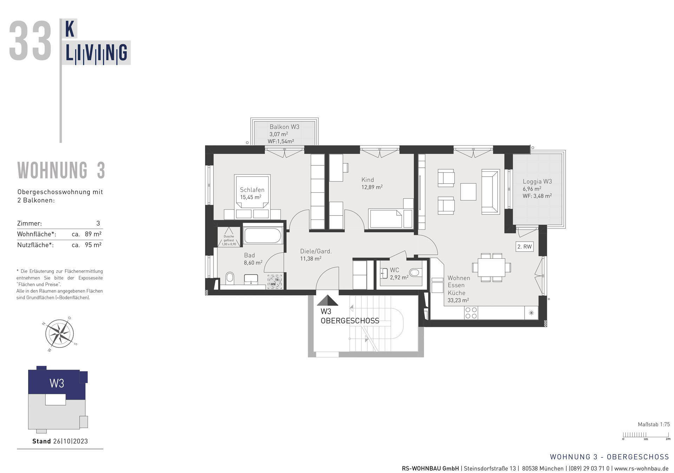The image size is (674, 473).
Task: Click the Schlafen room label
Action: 252,190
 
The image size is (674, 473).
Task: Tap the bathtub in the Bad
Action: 263,235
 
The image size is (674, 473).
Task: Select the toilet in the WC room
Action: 414,272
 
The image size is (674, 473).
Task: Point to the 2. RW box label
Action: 524,247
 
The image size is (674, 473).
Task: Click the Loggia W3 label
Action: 537,182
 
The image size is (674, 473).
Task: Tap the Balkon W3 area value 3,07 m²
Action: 279,134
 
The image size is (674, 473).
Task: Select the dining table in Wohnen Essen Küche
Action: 491,268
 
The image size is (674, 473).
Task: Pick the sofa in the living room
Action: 490,191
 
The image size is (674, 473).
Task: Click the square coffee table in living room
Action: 468,192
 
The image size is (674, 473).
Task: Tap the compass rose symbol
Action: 59,334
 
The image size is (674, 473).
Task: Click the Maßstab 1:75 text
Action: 654,424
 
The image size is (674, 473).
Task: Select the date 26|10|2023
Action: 70,441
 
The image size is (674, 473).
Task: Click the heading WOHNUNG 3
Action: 61,171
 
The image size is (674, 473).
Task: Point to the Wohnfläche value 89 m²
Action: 93,234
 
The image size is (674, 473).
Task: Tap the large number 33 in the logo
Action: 30,41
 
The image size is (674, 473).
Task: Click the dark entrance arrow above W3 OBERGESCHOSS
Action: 327,301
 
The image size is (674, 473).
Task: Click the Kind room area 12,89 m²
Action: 372,187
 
